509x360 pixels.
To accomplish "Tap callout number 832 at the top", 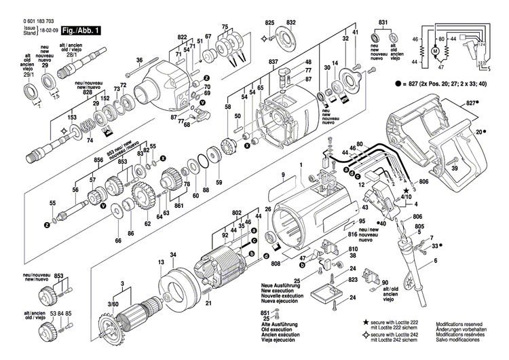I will [292, 23].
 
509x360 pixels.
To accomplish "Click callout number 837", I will [273, 62].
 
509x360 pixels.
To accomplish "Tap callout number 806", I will [423, 182].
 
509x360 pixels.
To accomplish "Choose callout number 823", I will [352, 280].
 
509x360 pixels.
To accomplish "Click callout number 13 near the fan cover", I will [162, 262].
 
